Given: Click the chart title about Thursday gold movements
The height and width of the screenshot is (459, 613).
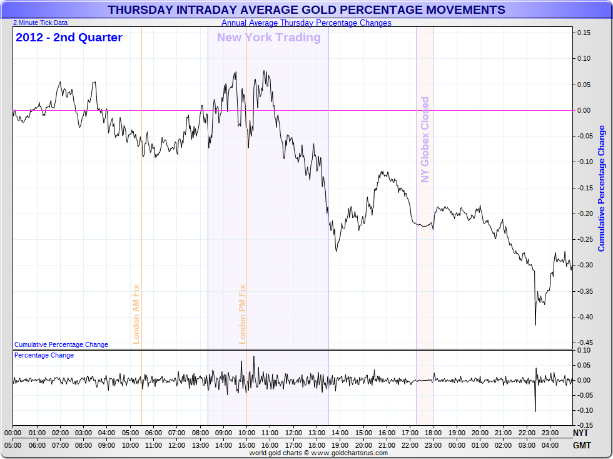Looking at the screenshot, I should pos(306,10).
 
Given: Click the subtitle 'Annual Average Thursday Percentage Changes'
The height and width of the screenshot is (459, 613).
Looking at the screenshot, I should pos(306,23).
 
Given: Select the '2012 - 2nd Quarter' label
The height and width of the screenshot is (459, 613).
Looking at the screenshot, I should pos(69,38).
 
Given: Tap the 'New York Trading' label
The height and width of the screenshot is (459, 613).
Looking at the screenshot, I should pos(268,38).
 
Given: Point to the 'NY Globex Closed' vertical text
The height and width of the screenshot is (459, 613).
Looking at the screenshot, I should pos(425,139).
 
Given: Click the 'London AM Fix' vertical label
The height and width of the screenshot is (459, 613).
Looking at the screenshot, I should pos(136,314).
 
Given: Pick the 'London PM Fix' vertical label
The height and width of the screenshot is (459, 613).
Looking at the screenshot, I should pos(243,314).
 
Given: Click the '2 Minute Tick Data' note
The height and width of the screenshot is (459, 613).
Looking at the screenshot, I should pos(40,23).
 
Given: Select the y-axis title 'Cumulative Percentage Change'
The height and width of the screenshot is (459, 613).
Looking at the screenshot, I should pos(602,188).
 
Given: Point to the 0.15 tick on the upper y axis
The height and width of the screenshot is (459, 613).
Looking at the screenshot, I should pos(584,33).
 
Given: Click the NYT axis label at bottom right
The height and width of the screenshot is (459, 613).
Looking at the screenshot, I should pos(580,433).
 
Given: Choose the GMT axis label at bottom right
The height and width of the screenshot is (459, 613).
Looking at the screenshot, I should pos(580,445).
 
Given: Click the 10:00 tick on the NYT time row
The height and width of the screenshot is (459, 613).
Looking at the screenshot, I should pos(246,433).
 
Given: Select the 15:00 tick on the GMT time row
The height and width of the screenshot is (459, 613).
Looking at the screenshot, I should pos(246,445).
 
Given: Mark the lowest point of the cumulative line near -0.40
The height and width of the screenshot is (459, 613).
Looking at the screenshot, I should pos(535,324).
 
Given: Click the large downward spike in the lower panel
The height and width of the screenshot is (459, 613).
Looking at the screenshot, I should pos(535,410).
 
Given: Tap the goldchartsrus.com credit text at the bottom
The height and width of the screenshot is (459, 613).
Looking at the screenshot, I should pos(318,453).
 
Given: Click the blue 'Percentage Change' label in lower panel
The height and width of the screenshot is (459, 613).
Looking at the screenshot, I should pos(44,355).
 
